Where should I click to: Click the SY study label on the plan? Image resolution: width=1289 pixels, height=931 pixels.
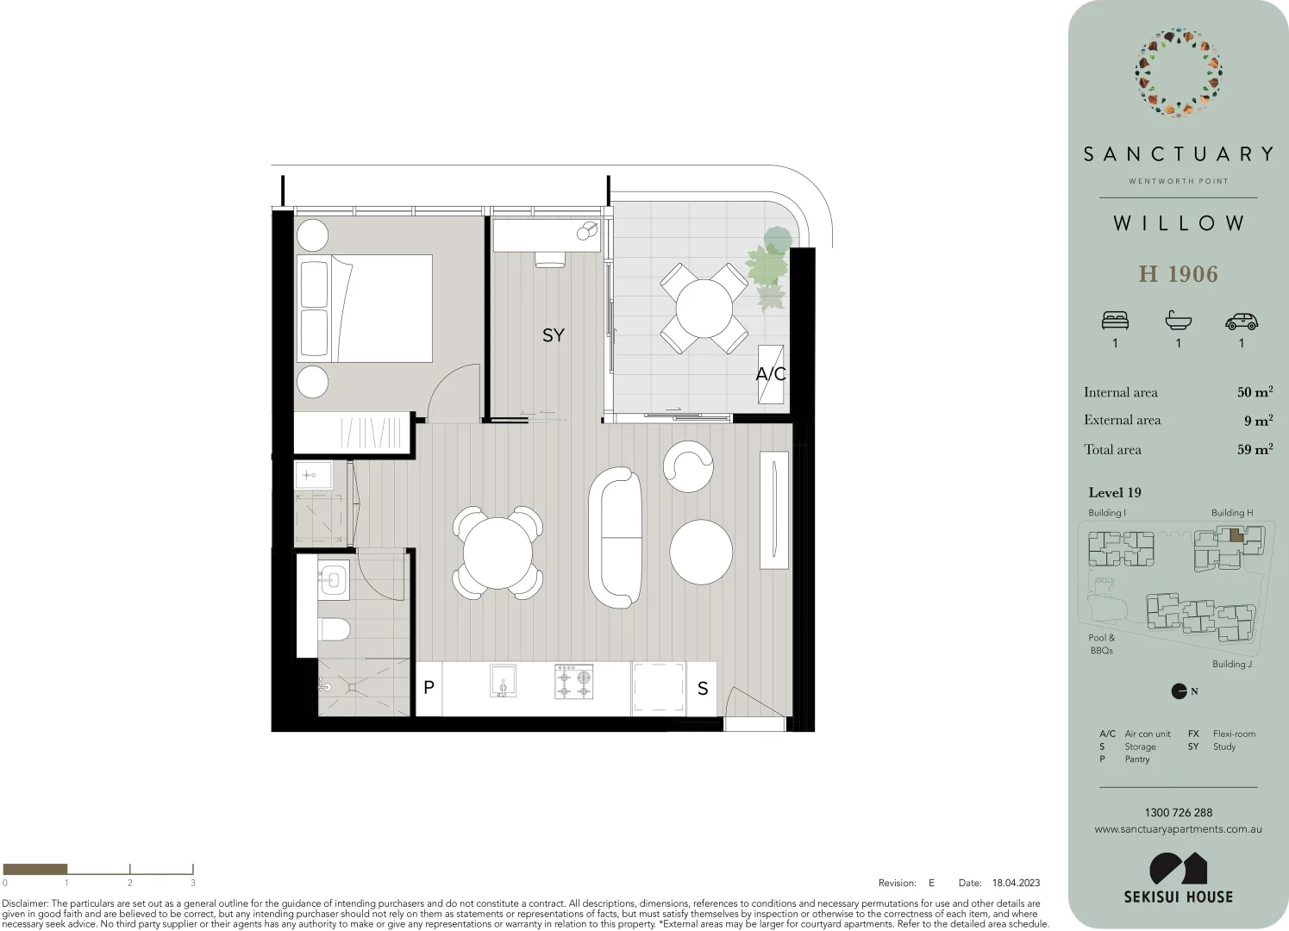(x=553, y=335)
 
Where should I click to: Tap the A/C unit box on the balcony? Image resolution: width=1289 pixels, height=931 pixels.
(x=770, y=373)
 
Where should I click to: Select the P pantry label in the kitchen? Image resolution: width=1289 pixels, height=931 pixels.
(x=429, y=688)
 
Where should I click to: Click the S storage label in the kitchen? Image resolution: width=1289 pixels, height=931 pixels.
(x=702, y=689)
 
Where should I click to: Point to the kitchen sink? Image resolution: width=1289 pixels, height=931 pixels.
(x=503, y=681)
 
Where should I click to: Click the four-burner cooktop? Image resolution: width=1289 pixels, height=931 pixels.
(x=573, y=681)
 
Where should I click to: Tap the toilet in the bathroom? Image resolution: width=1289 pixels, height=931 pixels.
(x=334, y=628)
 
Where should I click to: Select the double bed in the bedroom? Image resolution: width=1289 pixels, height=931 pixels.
(x=364, y=308)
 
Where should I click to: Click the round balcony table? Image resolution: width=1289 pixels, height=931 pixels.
(x=704, y=308)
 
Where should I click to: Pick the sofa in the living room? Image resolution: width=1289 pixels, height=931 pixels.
(x=615, y=539)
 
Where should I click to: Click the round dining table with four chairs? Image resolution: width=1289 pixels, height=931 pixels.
(x=497, y=553)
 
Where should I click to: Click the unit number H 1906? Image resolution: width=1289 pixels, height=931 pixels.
(x=1178, y=274)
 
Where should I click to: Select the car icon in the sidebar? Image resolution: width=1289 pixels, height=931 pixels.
(x=1241, y=322)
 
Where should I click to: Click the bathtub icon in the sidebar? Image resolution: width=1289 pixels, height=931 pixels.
(x=1178, y=322)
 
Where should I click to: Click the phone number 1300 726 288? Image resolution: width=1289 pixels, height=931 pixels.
(x=1178, y=812)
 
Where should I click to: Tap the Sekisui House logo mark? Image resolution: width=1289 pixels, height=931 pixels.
(x=1178, y=868)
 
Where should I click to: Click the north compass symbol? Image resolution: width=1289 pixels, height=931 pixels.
(x=1179, y=691)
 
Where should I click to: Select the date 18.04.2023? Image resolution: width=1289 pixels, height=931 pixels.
(x=1016, y=883)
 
